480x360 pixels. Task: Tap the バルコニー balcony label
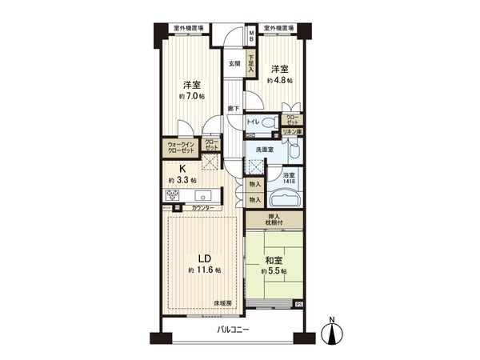click(233, 330)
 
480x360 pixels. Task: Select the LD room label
click(205, 258)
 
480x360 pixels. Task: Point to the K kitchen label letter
click(182, 169)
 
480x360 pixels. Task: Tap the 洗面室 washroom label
click(265, 150)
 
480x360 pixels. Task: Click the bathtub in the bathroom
click(286, 199)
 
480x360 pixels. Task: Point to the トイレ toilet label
click(252, 122)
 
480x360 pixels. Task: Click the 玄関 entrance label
click(234, 64)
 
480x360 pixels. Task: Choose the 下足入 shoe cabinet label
click(250, 62)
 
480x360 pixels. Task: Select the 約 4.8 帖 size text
click(280, 80)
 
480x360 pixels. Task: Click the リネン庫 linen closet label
click(292, 131)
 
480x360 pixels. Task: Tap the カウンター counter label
click(202, 208)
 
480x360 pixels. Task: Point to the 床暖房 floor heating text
click(222, 303)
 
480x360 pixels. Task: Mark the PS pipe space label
click(299, 304)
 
